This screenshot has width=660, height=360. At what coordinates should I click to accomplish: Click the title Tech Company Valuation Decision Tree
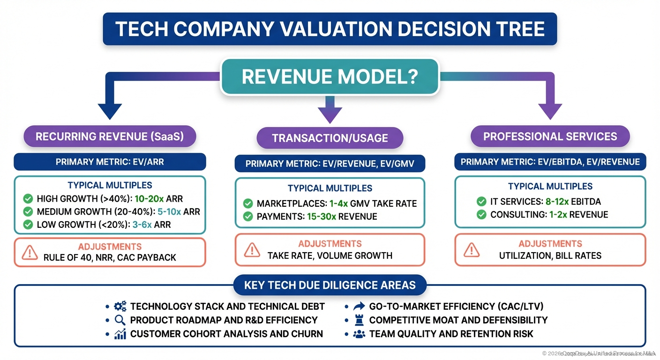pos(330,29)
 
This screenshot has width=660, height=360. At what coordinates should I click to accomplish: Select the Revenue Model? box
pos(330,76)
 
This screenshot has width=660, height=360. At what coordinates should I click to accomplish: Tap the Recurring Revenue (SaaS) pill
pos(110,136)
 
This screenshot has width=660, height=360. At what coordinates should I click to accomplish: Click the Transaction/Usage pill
pos(330,138)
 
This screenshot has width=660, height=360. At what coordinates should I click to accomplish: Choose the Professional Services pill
pos(550,136)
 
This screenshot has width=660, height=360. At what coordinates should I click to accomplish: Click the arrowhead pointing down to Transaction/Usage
pos(330,114)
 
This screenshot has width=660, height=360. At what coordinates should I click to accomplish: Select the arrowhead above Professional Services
pos(550,111)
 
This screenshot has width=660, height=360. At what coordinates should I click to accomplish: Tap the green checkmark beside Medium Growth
pos(28,212)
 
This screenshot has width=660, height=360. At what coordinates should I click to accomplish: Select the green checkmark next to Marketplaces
pos(248,203)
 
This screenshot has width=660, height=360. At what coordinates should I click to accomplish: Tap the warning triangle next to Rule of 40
pos(30,253)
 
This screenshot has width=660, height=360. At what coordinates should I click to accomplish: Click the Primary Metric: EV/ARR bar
pos(110,162)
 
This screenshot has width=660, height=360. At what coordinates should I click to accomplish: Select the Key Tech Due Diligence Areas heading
pos(330,285)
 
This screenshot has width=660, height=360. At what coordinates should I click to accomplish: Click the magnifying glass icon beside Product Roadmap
pos(120,320)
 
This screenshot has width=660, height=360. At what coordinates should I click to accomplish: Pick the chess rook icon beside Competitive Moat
pos(359,320)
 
